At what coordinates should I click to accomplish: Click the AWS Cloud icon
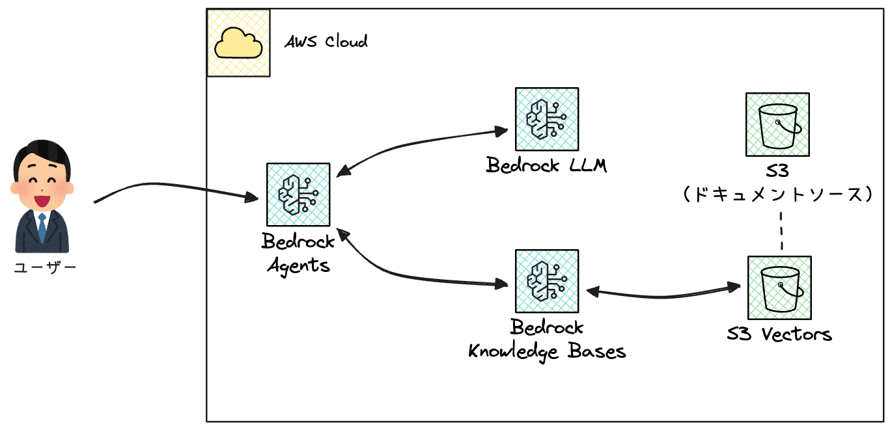pos(238,44)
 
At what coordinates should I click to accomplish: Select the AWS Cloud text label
pos(326,42)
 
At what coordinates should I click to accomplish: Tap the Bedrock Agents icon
pos(298,194)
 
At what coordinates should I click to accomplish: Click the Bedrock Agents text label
pos(298,253)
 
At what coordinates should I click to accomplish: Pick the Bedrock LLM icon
pos(547,120)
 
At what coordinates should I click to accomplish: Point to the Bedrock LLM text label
pos(547,165)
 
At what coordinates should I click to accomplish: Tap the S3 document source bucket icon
pos(778,124)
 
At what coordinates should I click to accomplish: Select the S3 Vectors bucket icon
pos(779,287)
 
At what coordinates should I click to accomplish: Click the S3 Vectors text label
pos(779,334)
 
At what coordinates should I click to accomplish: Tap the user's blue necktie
pos(42,227)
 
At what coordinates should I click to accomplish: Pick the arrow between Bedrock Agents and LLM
pos(417,142)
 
